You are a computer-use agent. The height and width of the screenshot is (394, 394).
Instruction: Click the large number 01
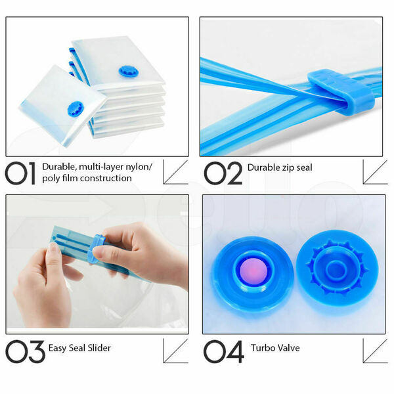coord(20,173)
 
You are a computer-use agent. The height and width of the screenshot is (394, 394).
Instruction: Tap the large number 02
coord(223,173)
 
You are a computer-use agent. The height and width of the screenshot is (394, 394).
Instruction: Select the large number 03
coord(25,351)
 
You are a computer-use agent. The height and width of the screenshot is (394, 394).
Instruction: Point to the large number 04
coord(224,351)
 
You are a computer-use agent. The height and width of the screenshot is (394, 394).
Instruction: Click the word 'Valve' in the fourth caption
coord(288,348)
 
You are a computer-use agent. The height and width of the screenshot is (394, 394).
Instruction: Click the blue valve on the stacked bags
coord(129,72)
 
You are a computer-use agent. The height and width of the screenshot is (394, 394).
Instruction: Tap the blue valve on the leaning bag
coord(75,109)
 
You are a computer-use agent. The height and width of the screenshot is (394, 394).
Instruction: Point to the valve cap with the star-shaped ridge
coord(338,269)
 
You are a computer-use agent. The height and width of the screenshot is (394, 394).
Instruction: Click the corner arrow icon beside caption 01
coord(175,172)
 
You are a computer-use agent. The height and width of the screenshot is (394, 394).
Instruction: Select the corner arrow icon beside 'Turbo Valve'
coord(376,351)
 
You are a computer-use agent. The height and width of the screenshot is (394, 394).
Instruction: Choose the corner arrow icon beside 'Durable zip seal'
coord(376,172)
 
